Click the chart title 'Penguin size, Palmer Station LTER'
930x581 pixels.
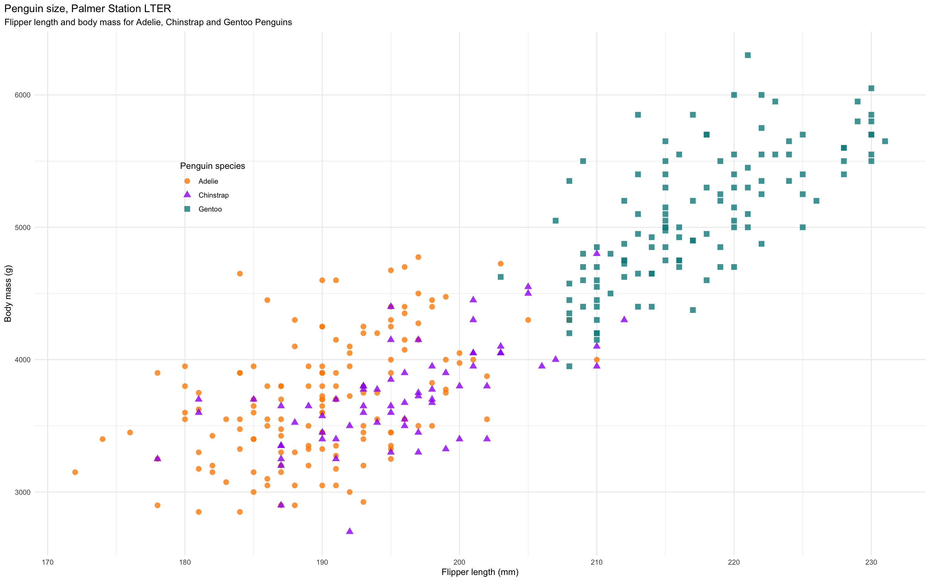click(87, 8)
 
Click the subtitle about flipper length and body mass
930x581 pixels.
click(148, 22)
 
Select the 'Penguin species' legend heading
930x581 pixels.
click(212, 166)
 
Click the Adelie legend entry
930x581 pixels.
click(208, 181)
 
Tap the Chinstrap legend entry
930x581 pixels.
click(213, 195)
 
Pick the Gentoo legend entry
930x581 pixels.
click(210, 209)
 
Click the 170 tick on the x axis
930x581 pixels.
click(48, 563)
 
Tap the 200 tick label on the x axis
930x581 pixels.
click(459, 563)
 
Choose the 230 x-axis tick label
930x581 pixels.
click(871, 563)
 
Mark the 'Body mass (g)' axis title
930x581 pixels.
click(8, 294)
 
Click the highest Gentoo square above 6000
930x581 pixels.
click(748, 55)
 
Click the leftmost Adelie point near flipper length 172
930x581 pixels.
click(75, 472)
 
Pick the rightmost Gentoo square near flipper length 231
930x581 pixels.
click(885, 141)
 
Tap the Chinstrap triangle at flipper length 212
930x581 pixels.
click(624, 319)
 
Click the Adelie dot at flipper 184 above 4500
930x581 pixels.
click(240, 274)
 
